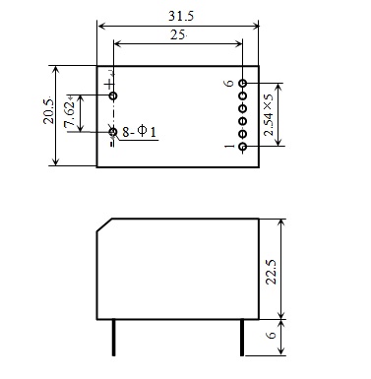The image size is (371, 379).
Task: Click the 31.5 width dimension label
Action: [181, 16]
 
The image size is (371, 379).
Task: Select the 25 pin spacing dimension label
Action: [177, 34]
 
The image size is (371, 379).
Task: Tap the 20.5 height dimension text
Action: [49, 111]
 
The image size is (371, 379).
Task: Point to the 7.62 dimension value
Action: [70, 114]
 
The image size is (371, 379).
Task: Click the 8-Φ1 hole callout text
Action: [140, 132]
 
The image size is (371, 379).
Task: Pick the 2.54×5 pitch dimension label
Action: [268, 114]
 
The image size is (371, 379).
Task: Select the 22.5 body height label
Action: [271, 272]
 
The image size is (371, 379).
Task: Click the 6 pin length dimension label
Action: [272, 335]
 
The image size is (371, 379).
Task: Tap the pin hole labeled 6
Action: [243, 84]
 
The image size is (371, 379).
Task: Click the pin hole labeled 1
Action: [243, 147]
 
